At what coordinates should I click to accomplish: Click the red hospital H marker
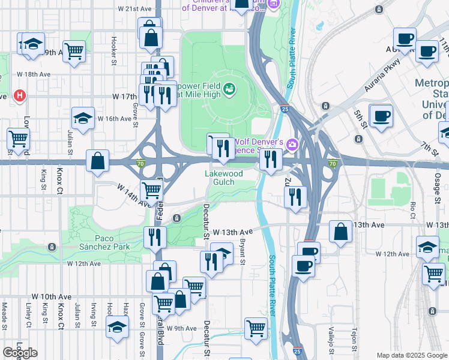(20, 95)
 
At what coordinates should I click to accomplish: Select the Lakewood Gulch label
(224, 178)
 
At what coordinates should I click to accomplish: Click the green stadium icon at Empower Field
(229, 91)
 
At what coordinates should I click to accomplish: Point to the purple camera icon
(292, 144)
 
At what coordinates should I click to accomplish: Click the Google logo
(20, 353)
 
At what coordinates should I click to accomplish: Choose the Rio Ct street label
(413, 209)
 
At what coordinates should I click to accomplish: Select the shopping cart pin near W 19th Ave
(74, 51)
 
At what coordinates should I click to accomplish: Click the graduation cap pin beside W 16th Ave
(83, 117)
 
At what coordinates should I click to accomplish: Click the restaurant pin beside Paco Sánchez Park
(155, 237)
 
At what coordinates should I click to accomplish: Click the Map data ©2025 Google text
(411, 355)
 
